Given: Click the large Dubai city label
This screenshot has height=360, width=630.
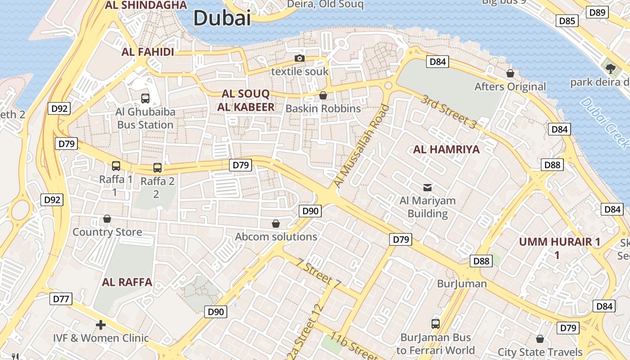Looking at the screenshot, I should pyautogui.click(x=222, y=18).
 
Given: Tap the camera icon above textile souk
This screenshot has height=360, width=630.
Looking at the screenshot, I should pyautogui.click(x=299, y=58).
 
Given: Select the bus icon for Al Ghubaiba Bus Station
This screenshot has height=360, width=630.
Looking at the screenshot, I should pyautogui.click(x=145, y=98).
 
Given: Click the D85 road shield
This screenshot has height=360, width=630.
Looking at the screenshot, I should pyautogui.click(x=567, y=21).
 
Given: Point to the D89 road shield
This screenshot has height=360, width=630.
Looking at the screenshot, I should pyautogui.click(x=598, y=12).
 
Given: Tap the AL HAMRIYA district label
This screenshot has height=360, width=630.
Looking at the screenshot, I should pyautogui.click(x=446, y=149).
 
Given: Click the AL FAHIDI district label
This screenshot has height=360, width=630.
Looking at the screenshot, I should pyautogui.click(x=148, y=52).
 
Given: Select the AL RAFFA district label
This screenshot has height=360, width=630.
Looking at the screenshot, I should pyautogui.click(x=127, y=282).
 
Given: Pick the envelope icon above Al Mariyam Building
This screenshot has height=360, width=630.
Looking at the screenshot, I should pyautogui.click(x=427, y=187).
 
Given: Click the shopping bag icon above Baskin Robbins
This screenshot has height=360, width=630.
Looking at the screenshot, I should pyautogui.click(x=323, y=95).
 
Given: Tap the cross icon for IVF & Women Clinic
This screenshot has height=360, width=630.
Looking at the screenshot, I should pyautogui.click(x=101, y=324).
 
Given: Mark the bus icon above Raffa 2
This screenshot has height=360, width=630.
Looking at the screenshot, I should pyautogui.click(x=157, y=168).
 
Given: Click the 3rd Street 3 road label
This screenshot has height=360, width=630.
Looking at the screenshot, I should pyautogui.click(x=448, y=112).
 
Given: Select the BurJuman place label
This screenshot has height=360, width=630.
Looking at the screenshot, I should pyautogui.click(x=462, y=283).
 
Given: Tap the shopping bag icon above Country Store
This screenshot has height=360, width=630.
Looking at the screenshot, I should pyautogui.click(x=107, y=219).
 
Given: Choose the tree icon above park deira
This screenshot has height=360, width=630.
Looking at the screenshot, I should pyautogui.click(x=610, y=69).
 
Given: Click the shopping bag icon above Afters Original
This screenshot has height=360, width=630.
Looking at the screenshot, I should pyautogui.click(x=510, y=73).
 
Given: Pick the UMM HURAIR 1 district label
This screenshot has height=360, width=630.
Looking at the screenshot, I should pyautogui.click(x=559, y=242).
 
